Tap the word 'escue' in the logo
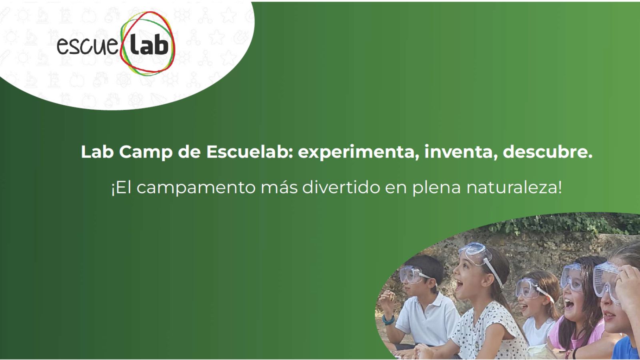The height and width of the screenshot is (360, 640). click(88, 46)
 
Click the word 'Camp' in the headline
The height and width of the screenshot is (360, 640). click(146, 152)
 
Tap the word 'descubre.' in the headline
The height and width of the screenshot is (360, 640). click(548, 152)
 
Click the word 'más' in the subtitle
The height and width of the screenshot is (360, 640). click(279, 188)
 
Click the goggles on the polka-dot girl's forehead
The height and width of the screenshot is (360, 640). click(474, 253)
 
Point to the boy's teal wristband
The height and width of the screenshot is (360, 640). click(388, 320)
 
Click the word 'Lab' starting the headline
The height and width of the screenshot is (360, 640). click(98, 152)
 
